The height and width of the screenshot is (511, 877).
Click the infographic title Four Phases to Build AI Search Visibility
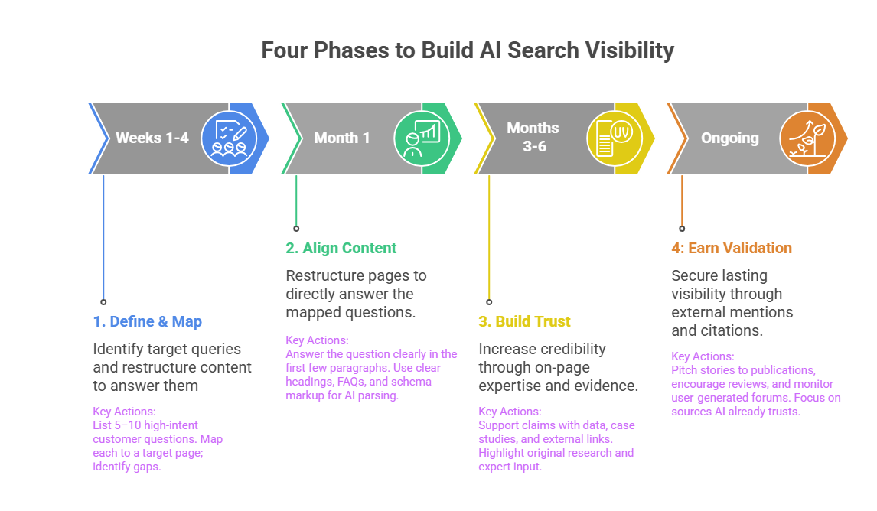tap(467, 50)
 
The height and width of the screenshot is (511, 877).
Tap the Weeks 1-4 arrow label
tap(152, 138)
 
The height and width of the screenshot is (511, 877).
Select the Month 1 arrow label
tap(341, 138)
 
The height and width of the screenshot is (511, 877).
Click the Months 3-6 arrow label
tap(533, 137)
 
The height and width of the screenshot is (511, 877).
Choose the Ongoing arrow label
tap(729, 138)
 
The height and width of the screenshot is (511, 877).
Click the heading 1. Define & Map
tap(148, 322)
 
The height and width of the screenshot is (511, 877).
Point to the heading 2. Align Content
tap(341, 248)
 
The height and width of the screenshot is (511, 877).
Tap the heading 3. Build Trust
tap(524, 322)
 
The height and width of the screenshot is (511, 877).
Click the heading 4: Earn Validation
tap(732, 248)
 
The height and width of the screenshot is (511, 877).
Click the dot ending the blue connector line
tap(103, 301)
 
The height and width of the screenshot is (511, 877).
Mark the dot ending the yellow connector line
tap(489, 301)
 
